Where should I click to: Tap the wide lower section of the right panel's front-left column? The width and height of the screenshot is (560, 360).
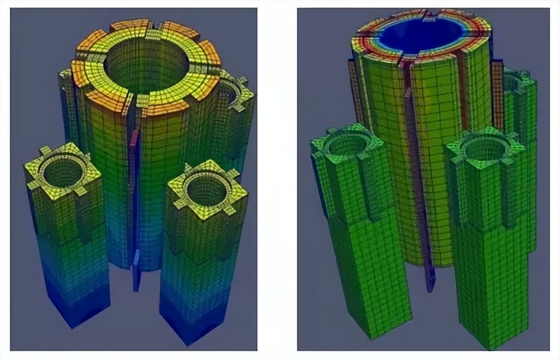coord(371,273)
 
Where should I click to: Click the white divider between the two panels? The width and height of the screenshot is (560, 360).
coord(277,180)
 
